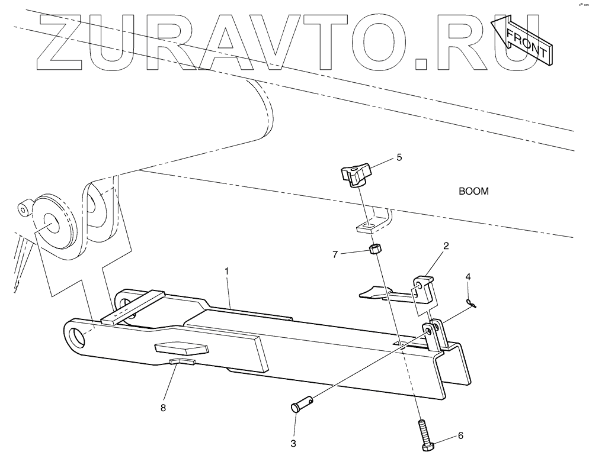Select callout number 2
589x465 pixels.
click(x=445, y=244)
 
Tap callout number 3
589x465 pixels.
click(x=293, y=443)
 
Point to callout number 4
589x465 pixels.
click(x=468, y=277)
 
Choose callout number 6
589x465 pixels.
click(x=460, y=435)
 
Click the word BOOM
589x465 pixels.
click(x=474, y=192)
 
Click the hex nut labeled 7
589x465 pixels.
click(x=374, y=249)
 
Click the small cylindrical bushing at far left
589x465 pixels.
click(x=25, y=209)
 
